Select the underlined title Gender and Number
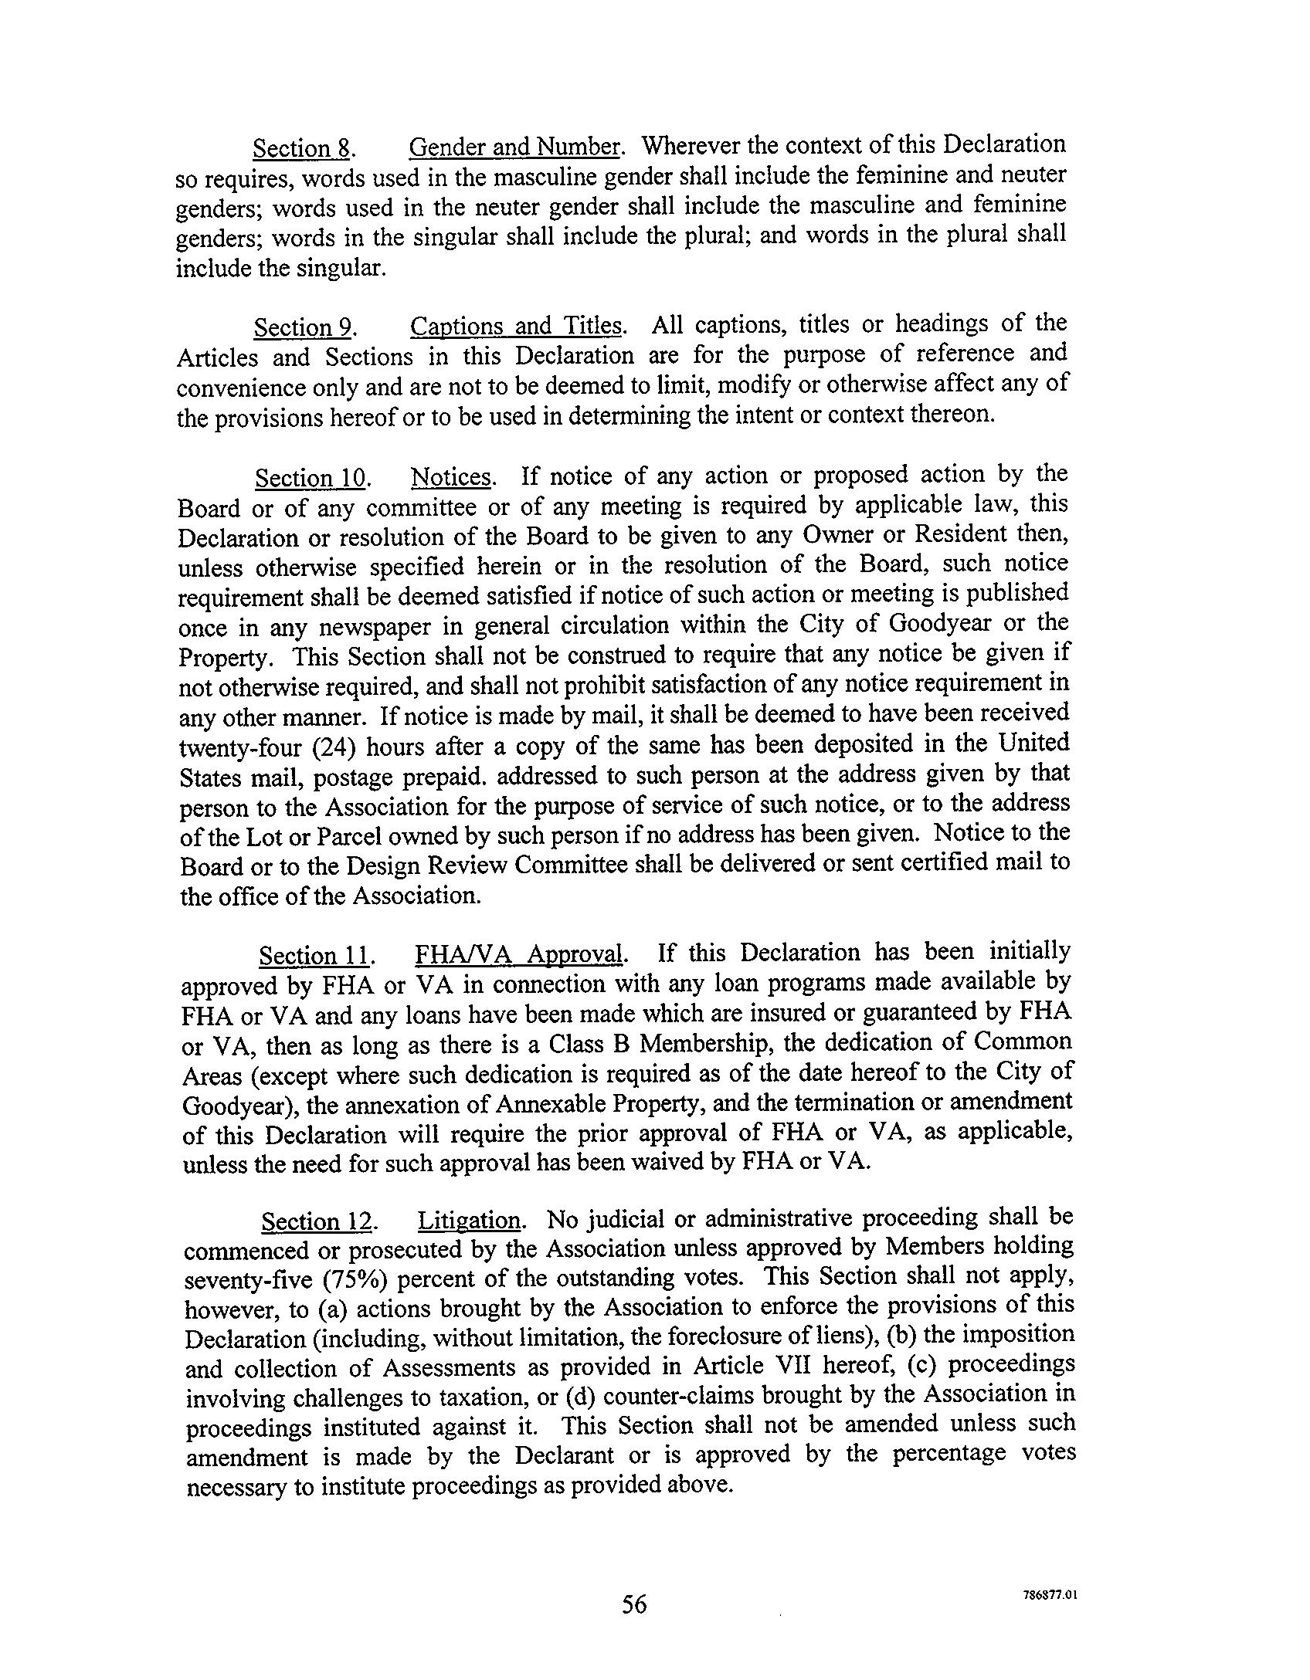point(514,146)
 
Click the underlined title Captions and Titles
point(516,326)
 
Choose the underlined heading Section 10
point(311,479)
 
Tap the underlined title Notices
point(452,477)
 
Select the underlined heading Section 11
point(315,957)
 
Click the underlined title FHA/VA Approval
point(519,954)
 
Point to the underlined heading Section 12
point(318,1222)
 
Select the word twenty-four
point(243,749)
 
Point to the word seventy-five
point(248,1281)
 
